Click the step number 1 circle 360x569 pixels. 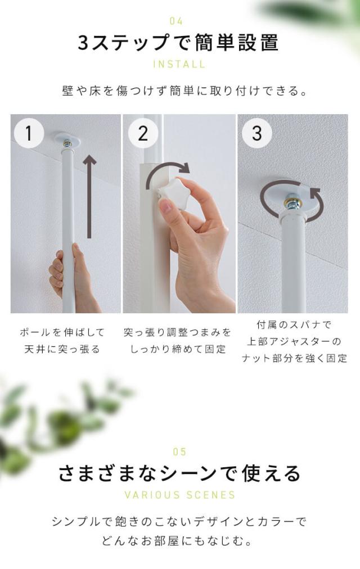(x=29, y=133)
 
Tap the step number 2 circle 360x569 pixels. (x=143, y=133)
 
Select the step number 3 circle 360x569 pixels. (x=257, y=133)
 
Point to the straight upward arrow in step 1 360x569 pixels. (x=89, y=197)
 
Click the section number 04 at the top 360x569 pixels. (x=177, y=21)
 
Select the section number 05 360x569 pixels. (x=179, y=452)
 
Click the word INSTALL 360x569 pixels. (x=179, y=64)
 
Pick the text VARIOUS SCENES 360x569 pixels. (x=179, y=495)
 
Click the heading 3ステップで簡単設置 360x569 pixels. (x=178, y=43)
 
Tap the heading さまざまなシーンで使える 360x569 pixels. (x=179, y=473)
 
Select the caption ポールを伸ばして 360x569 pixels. (x=62, y=332)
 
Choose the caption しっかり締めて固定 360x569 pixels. (x=178, y=349)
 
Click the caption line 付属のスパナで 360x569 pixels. (x=294, y=324)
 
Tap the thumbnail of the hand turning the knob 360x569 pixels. (x=179, y=214)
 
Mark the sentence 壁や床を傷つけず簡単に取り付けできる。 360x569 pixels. (x=185, y=91)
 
